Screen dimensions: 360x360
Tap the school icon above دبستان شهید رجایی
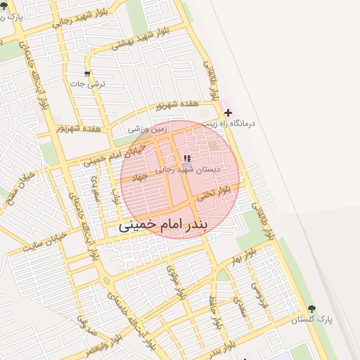click(x=186, y=159)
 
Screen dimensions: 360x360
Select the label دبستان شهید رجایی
click(x=187, y=169)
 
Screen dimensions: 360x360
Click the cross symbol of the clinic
click(x=227, y=112)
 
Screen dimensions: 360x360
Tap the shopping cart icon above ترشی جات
click(x=87, y=74)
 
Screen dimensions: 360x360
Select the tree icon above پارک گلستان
click(x=312, y=309)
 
